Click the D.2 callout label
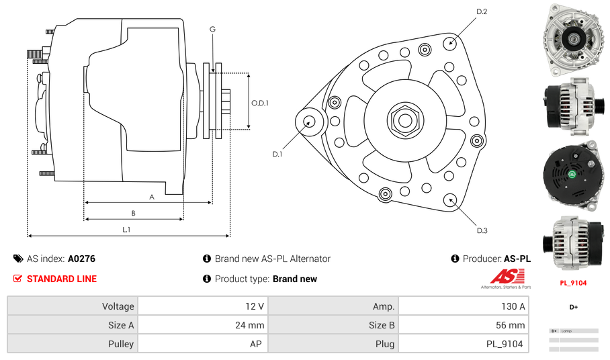point(482,12)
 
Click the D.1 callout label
point(277,154)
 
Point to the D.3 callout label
point(482,230)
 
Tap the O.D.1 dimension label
point(260,103)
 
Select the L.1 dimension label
point(126,229)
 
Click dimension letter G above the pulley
point(212,29)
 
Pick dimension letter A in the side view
point(152,197)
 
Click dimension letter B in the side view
point(134,213)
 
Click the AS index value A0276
point(82,259)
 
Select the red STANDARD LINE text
point(62,279)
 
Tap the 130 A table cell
point(513,306)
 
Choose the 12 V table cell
point(255,306)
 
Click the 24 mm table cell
point(250,325)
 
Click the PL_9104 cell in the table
point(505,344)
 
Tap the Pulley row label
point(120,344)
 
